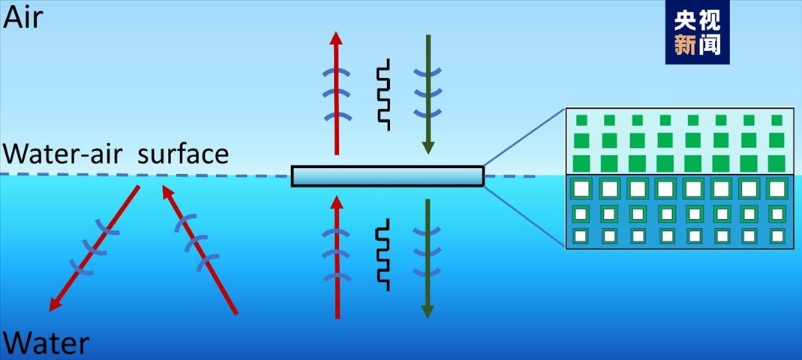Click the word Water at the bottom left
[x=47, y=343]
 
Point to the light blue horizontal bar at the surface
[x=387, y=175]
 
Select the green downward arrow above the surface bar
[x=428, y=94]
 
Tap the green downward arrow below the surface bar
[x=428, y=259]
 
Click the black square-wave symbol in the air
[x=383, y=94]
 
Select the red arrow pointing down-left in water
[x=95, y=248]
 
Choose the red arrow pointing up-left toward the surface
[x=199, y=248]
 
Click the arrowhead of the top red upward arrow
[x=336, y=39]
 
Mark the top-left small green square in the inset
[x=581, y=120]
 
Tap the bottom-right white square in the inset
[x=777, y=236]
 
